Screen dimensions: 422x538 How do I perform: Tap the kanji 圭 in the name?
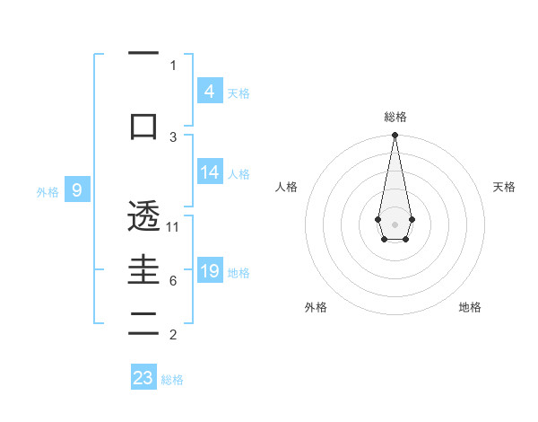point(143,272)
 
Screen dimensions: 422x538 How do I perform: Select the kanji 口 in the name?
point(143,127)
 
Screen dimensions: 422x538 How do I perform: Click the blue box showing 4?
point(209,92)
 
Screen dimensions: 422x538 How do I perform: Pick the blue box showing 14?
point(209,173)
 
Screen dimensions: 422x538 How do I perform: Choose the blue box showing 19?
point(209,271)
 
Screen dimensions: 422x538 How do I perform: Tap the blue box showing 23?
point(143,377)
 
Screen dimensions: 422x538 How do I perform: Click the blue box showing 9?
point(78,190)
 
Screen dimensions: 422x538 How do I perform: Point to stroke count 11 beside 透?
point(173,226)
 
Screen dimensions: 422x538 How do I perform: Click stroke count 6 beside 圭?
point(173,281)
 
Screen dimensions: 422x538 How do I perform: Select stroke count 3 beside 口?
point(173,136)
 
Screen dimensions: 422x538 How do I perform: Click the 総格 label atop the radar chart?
point(395,117)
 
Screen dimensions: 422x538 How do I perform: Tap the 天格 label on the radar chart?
point(504,187)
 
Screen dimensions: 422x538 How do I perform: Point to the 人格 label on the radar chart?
point(287,187)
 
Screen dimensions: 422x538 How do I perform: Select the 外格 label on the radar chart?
point(316,307)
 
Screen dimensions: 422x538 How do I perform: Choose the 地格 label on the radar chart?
point(470,307)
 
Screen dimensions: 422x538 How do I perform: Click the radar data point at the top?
point(395,136)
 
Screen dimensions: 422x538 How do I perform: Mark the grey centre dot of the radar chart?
point(395,223)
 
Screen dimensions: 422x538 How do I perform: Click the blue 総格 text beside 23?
point(172,380)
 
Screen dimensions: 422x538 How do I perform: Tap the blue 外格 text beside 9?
point(47,191)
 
